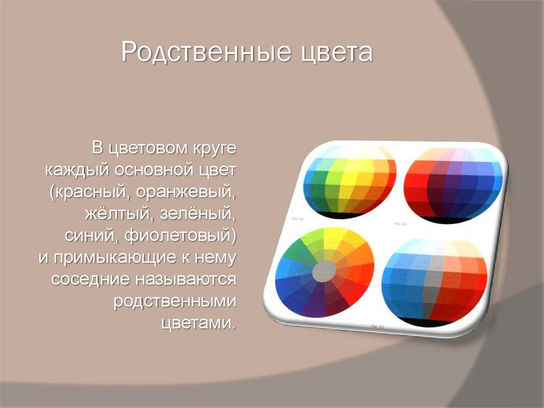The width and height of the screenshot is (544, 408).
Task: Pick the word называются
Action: click(x=185, y=279)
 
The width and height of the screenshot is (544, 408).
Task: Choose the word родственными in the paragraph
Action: click(x=175, y=302)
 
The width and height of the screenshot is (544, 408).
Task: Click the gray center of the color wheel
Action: click(x=324, y=272)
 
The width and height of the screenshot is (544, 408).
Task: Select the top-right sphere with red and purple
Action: click(x=452, y=184)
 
